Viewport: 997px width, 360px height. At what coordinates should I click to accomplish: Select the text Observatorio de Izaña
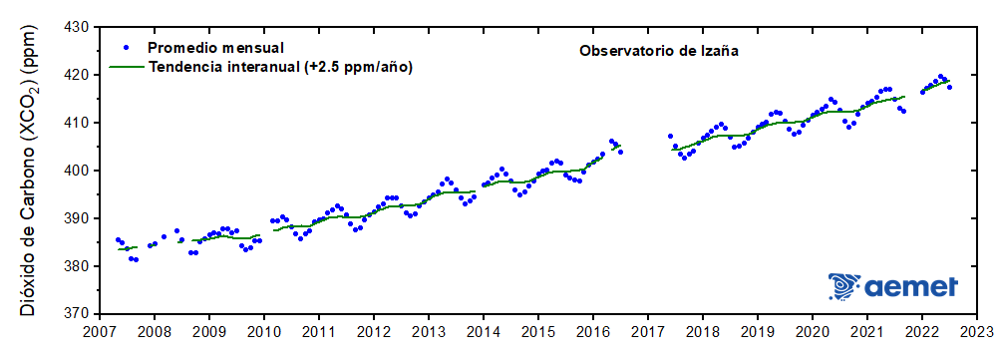click(x=658, y=49)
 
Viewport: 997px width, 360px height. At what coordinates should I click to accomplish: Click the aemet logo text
click(x=910, y=287)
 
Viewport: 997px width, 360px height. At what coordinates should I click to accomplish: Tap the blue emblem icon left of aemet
click(x=843, y=287)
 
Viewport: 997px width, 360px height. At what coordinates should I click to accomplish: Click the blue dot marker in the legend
click(x=126, y=47)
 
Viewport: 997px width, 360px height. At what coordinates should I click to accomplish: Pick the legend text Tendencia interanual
click(x=223, y=66)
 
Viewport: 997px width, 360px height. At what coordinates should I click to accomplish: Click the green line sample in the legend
click(x=126, y=66)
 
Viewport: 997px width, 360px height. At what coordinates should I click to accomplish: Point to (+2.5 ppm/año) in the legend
click(x=357, y=66)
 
